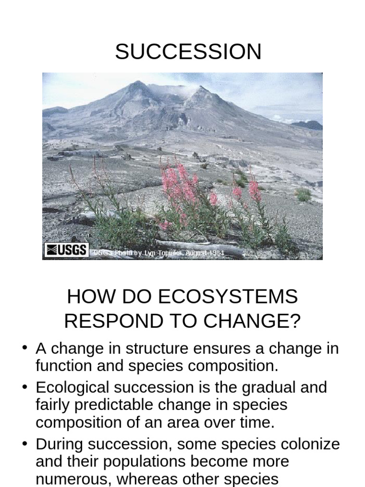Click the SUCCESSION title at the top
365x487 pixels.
188,52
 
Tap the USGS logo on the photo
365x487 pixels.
67,250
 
